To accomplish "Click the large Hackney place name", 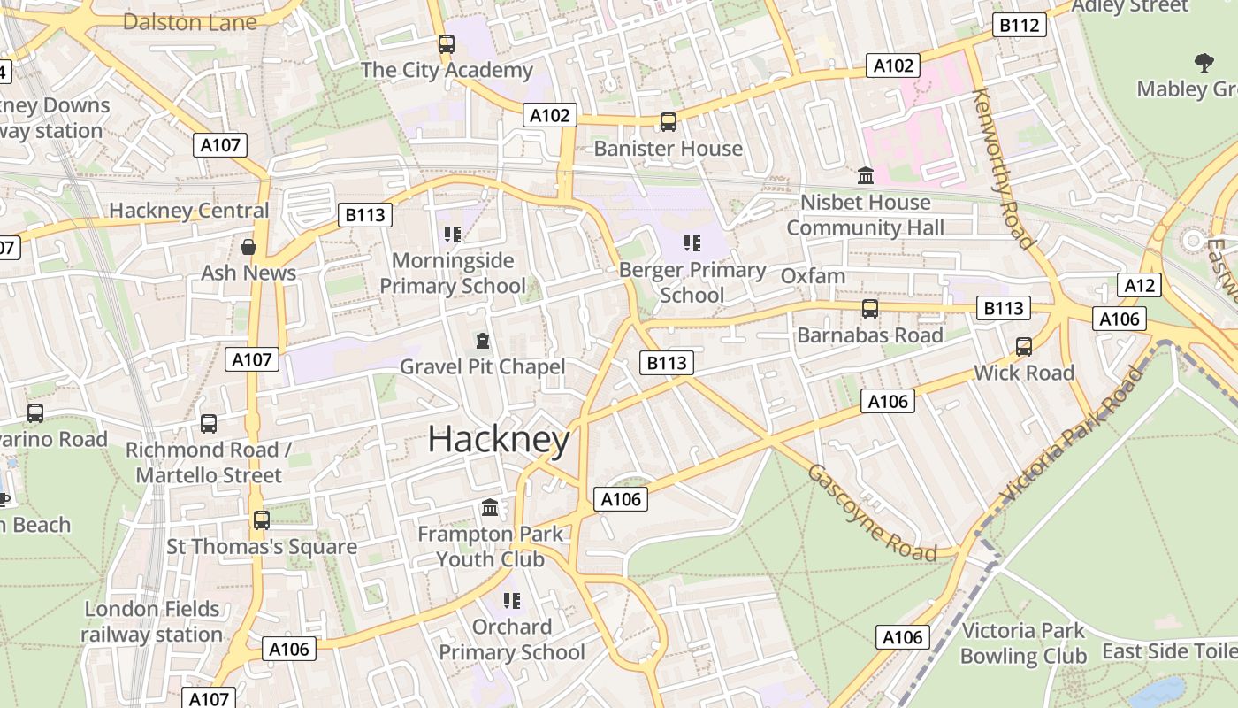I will pyautogui.click(x=499, y=439).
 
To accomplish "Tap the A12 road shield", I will pyautogui.click(x=1139, y=285).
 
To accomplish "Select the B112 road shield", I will pyautogui.click(x=1019, y=25).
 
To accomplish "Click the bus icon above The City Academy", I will pyautogui.click(x=447, y=43).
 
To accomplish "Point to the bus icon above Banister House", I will pyautogui.click(x=669, y=122).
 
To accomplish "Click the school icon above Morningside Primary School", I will pyautogui.click(x=453, y=235).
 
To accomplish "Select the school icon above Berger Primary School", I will pyautogui.click(x=692, y=243).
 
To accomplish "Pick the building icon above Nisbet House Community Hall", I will pyautogui.click(x=866, y=175).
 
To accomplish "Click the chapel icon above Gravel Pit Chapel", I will pyautogui.click(x=483, y=341).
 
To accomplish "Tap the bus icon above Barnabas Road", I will pyautogui.click(x=870, y=309).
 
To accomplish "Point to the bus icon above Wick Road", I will pyautogui.click(x=1024, y=347).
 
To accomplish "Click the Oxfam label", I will pyautogui.click(x=813, y=276).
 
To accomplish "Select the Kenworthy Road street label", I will pyautogui.click(x=1003, y=168).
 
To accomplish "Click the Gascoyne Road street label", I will pyautogui.click(x=871, y=513).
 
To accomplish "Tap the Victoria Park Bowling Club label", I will pyautogui.click(x=1023, y=643).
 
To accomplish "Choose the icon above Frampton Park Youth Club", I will pyautogui.click(x=490, y=508).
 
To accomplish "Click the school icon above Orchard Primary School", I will pyautogui.click(x=512, y=601).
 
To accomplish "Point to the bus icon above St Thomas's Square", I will pyautogui.click(x=262, y=520).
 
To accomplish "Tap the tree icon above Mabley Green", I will pyautogui.click(x=1204, y=62).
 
